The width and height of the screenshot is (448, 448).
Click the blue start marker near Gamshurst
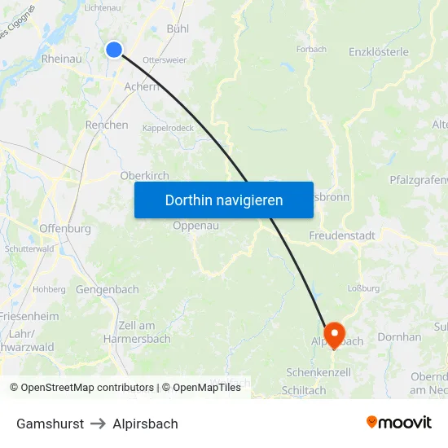[x=114, y=50]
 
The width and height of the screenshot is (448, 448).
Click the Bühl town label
[x=177, y=29]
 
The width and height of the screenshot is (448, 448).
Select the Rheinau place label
[x=61, y=59]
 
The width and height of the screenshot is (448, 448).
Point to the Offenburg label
[x=65, y=229]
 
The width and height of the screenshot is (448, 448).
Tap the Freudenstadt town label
[x=342, y=235]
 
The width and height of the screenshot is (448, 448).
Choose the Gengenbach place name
[x=108, y=289]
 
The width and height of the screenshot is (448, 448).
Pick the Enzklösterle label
[x=378, y=52]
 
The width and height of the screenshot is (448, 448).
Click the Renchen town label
[x=107, y=125]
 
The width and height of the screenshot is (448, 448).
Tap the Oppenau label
[x=196, y=226]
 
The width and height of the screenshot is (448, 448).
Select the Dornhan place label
[x=400, y=336]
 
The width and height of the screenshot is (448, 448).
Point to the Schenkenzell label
[x=318, y=372]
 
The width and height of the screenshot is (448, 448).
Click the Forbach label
[x=311, y=50]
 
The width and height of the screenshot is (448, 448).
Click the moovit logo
[x=398, y=422]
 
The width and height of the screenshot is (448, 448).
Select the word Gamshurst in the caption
[x=50, y=424]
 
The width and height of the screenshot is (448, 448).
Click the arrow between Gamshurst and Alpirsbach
[x=98, y=424]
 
